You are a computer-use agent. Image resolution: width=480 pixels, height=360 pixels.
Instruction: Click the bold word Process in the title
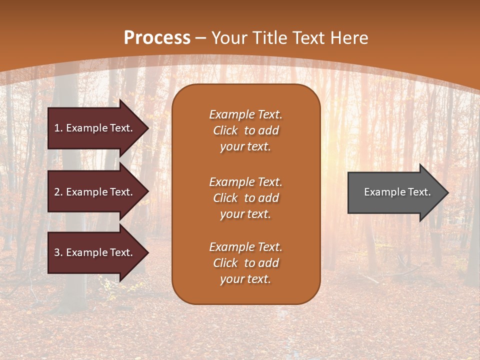tap(157, 38)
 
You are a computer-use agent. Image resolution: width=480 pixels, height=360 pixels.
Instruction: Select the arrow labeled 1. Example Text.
tap(95, 128)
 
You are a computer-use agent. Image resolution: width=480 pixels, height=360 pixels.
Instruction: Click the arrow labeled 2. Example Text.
tap(95, 192)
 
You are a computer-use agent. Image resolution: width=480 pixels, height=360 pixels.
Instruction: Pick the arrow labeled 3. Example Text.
tap(95, 252)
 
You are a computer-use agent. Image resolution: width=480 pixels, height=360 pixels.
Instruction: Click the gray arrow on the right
tap(395, 192)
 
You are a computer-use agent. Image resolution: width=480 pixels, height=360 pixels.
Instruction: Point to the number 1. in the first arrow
tap(58, 128)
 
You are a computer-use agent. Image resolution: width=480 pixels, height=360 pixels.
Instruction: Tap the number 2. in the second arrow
tap(58, 192)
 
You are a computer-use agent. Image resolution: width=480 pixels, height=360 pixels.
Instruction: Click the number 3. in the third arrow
tap(58, 252)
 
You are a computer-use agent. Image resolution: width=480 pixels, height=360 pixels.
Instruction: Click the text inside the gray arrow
tap(397, 192)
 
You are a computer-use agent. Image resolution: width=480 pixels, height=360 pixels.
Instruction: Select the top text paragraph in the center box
tap(245, 130)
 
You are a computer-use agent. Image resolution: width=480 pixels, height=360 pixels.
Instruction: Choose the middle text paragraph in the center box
tap(245, 198)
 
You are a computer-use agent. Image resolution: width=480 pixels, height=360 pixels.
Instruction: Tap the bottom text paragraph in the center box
tap(245, 263)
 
